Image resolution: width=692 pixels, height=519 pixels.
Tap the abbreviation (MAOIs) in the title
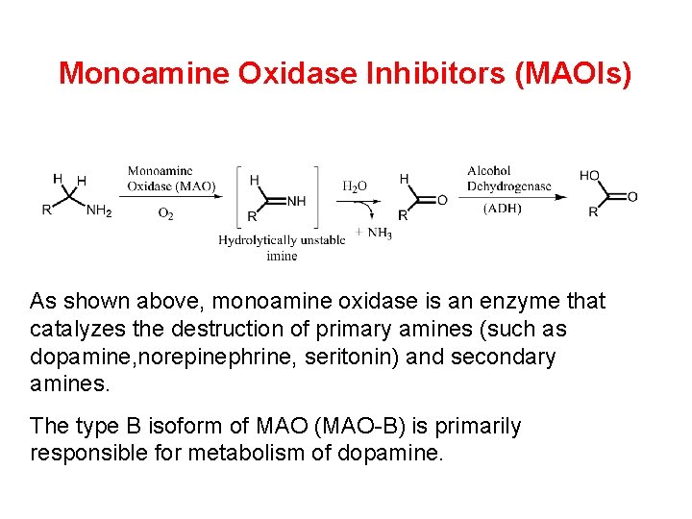[x=574, y=74]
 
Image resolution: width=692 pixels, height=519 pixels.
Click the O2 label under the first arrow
[x=165, y=213]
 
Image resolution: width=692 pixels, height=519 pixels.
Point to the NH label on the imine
[x=296, y=201]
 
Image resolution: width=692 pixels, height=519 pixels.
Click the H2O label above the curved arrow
[x=355, y=185]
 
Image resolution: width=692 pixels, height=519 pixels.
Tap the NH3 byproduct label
[x=379, y=234]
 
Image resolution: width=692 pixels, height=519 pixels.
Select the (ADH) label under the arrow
[x=504, y=208]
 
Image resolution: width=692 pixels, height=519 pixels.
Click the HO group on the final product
[x=589, y=176]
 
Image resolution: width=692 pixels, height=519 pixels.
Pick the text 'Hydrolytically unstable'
[x=282, y=240]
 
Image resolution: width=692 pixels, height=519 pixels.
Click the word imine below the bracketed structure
[x=282, y=256]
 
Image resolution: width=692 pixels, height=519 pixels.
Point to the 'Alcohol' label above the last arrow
[x=489, y=171]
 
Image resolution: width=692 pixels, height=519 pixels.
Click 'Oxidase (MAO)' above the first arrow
[x=171, y=185]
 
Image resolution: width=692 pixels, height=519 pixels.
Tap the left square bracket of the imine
[x=239, y=197]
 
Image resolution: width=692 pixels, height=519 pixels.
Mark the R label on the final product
[x=593, y=212]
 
